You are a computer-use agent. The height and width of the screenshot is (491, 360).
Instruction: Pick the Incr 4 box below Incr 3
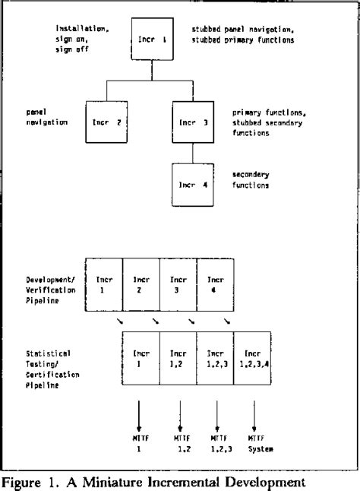[x=193, y=183]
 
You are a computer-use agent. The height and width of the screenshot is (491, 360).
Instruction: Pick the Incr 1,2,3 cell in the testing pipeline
[x=215, y=360]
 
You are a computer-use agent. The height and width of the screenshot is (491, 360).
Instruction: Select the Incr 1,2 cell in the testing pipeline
[x=178, y=360]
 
